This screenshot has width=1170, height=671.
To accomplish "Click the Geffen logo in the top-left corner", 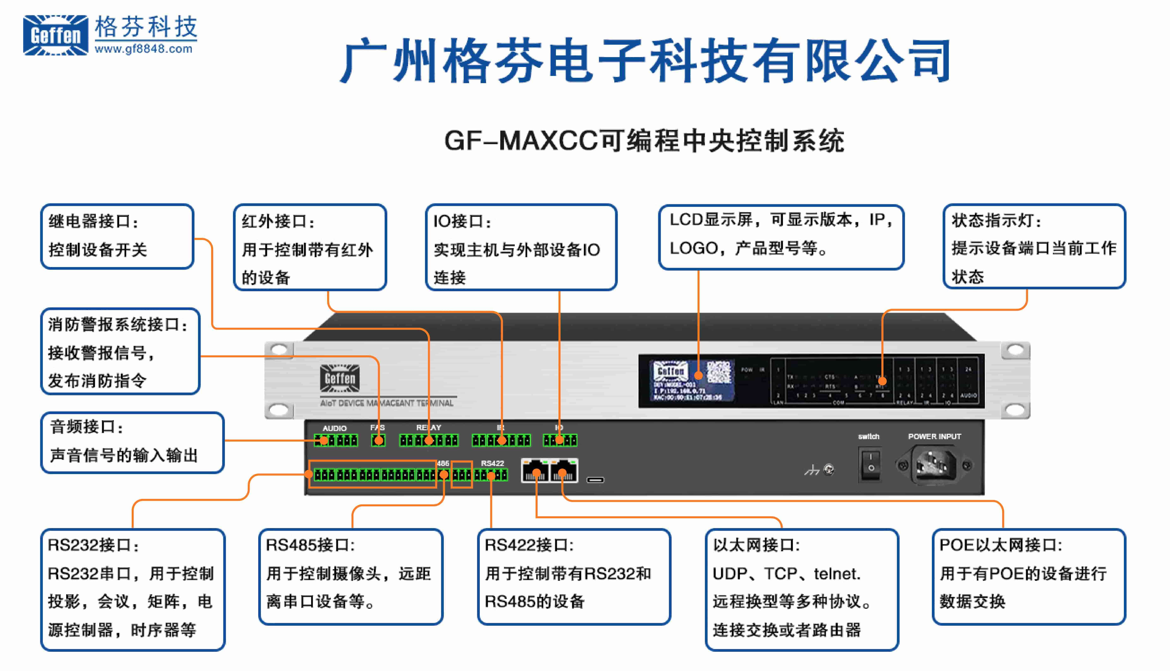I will (55, 35).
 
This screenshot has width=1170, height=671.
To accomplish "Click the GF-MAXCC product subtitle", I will (644, 141).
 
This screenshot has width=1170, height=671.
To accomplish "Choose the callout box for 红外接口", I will (310, 247).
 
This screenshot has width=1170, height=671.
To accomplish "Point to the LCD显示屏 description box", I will (781, 236).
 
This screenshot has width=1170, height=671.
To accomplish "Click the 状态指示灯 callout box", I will (1034, 247).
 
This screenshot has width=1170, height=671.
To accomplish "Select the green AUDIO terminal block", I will (336, 441).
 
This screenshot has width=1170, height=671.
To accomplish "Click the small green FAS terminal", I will (378, 441).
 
